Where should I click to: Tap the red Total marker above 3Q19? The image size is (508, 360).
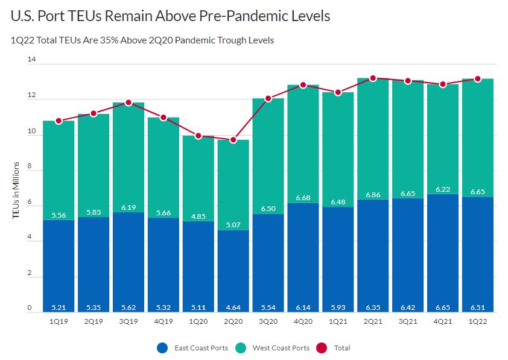pyautogui.click(x=128, y=103)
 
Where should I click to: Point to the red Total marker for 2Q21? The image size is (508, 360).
pyautogui.click(x=373, y=78)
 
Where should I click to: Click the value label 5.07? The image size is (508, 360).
pyautogui.click(x=233, y=224)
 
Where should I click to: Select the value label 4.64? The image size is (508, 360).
pyautogui.click(x=233, y=306)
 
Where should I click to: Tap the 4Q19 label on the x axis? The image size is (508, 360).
pyautogui.click(x=163, y=321)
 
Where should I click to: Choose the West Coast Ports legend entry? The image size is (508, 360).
pyautogui.click(x=278, y=348)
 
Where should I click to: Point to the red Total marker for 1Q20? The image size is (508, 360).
pyautogui.click(x=198, y=136)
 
